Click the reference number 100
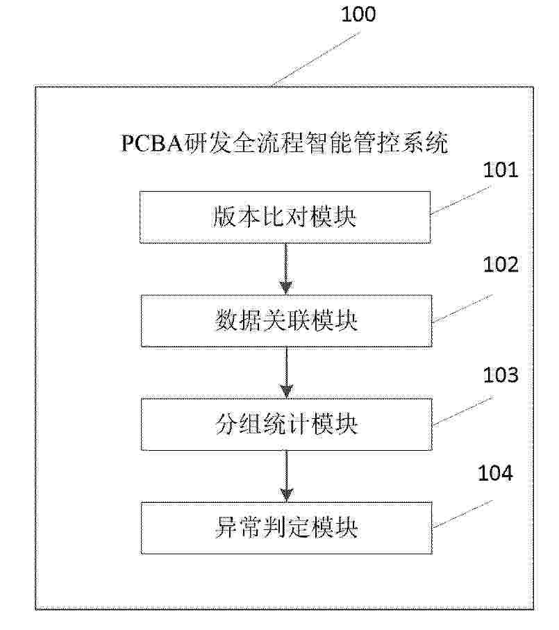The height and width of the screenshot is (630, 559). coord(358,14)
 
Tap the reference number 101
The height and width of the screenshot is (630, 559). coord(501,170)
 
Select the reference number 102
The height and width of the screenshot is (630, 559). coord(501,265)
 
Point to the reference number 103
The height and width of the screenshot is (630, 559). coord(501,375)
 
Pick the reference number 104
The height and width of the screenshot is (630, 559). coord(495,473)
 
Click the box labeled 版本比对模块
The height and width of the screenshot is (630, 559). coord(285,217)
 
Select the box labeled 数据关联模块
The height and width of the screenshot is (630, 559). coord(286,321)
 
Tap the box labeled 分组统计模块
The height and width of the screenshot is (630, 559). coord(286,424)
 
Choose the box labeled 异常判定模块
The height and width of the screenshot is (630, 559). coord(286,529)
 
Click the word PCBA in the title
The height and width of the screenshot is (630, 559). coord(152,144)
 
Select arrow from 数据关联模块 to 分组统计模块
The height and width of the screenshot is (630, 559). coord(286,373)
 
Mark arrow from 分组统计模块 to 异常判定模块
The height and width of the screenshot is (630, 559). coord(286,476)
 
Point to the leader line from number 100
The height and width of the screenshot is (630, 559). coord(315,60)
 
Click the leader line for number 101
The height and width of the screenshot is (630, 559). coord(461,200)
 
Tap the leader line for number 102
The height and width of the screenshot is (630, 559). coord(462,308)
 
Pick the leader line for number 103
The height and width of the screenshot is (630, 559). coord(462,411)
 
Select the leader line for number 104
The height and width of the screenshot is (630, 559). coord(462,514)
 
